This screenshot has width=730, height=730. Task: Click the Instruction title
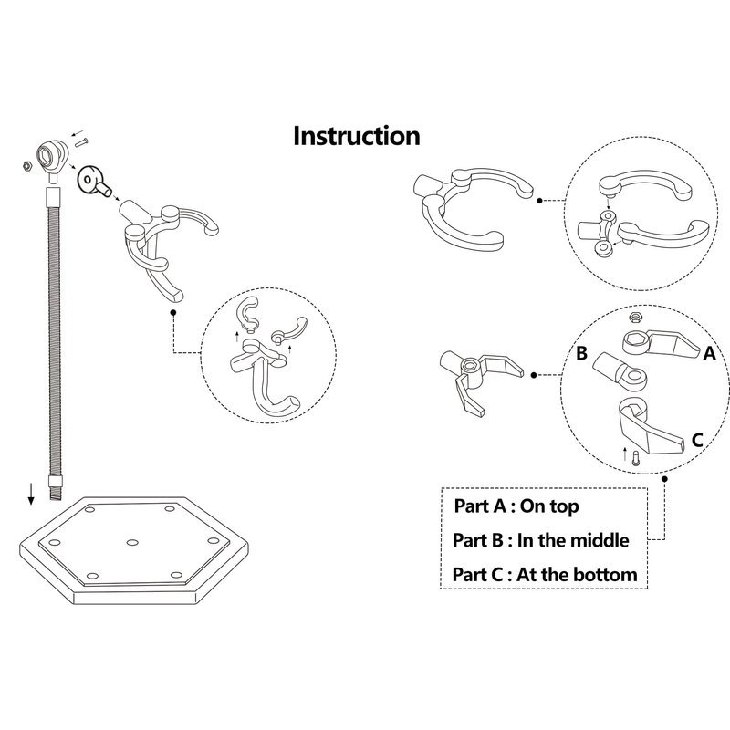(356, 137)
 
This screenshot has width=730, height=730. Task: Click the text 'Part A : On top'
(516, 505)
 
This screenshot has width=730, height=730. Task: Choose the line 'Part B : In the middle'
(540, 539)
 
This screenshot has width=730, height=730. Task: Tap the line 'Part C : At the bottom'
(545, 575)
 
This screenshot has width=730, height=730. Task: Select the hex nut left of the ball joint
(28, 167)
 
